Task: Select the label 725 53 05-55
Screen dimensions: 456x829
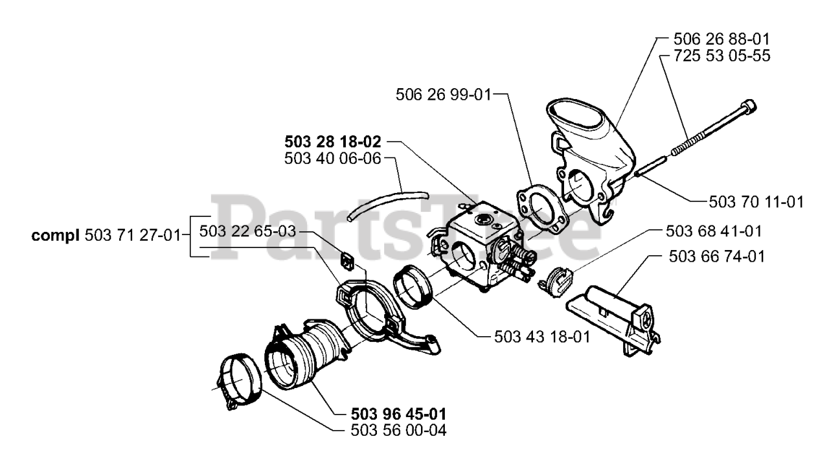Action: pos(712,56)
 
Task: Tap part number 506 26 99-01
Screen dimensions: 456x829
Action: pos(444,95)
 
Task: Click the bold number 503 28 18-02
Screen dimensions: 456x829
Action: pos(333,141)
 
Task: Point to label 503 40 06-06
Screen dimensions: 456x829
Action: pos(333,158)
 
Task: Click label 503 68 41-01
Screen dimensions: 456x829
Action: pos(714,231)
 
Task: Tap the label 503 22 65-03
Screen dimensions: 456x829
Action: pos(247,231)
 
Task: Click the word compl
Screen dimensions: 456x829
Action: pos(57,236)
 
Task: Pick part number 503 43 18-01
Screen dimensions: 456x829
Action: pos(541,337)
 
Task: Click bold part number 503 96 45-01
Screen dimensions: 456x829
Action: pos(398,413)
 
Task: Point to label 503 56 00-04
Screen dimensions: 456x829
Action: pos(398,429)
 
